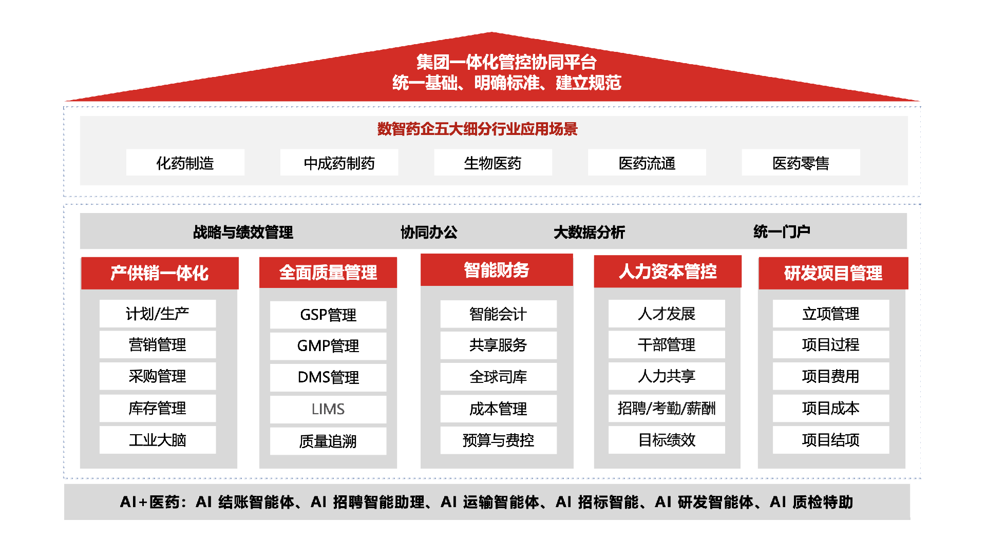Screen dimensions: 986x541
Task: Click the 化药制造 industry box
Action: (185, 163)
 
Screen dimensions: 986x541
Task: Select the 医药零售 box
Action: (801, 163)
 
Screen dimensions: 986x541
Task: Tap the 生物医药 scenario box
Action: (493, 163)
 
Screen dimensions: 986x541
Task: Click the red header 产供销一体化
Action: (160, 273)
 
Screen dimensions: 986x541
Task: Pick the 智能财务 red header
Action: (497, 270)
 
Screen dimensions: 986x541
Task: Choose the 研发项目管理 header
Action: (833, 273)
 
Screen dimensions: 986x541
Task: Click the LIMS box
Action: (328, 409)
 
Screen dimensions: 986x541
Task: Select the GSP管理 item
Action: (328, 315)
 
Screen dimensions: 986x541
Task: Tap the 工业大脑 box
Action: (158, 440)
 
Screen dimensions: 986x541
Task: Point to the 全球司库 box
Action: (498, 377)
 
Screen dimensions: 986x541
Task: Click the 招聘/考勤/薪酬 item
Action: (667, 408)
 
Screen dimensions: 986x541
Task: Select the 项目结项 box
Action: (831, 440)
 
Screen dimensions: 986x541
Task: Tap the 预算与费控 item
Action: (498, 440)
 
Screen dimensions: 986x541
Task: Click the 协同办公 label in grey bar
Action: (429, 232)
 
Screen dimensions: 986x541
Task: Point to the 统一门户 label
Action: (782, 231)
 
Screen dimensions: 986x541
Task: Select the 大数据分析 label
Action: (589, 232)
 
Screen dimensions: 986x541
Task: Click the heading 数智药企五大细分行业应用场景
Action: (477, 128)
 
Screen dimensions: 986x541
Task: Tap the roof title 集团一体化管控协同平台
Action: (506, 62)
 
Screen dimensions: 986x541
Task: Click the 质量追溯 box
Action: (328, 441)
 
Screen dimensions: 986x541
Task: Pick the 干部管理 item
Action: (667, 344)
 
